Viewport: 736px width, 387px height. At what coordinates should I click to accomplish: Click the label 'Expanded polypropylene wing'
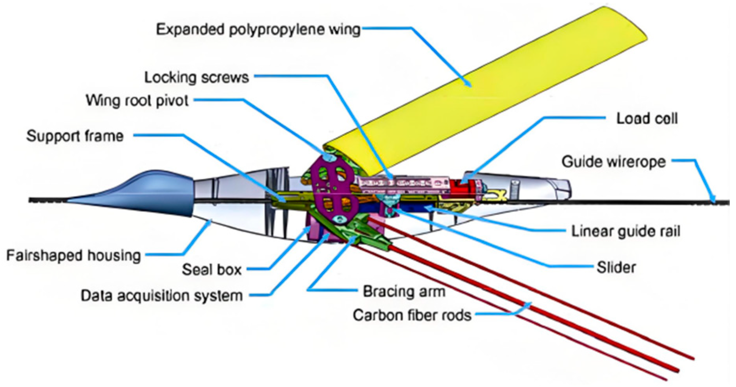click(x=258, y=30)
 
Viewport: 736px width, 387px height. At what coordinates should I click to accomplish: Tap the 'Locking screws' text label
click(x=196, y=77)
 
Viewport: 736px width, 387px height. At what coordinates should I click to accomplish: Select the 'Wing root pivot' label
click(x=137, y=101)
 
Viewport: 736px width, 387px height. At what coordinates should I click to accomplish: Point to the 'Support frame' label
click(x=75, y=136)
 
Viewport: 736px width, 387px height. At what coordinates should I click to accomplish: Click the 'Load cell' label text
click(x=647, y=119)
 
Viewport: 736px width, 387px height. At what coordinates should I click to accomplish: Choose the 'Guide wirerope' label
click(x=613, y=161)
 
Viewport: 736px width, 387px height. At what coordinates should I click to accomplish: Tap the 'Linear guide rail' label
click(x=625, y=231)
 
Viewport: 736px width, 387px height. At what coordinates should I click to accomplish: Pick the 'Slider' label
click(x=616, y=267)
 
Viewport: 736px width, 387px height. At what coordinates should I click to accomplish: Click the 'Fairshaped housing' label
click(x=73, y=255)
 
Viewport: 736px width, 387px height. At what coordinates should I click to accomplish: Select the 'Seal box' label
click(x=212, y=270)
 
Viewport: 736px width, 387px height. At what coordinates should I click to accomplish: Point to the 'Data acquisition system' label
click(x=162, y=296)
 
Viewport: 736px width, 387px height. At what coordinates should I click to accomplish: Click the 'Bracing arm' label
click(x=403, y=291)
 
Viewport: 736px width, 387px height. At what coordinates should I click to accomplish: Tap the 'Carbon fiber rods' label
click(x=412, y=315)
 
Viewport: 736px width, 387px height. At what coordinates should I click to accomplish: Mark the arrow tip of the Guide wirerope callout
click(x=713, y=201)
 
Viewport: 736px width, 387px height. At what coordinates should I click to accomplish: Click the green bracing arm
click(x=363, y=231)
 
